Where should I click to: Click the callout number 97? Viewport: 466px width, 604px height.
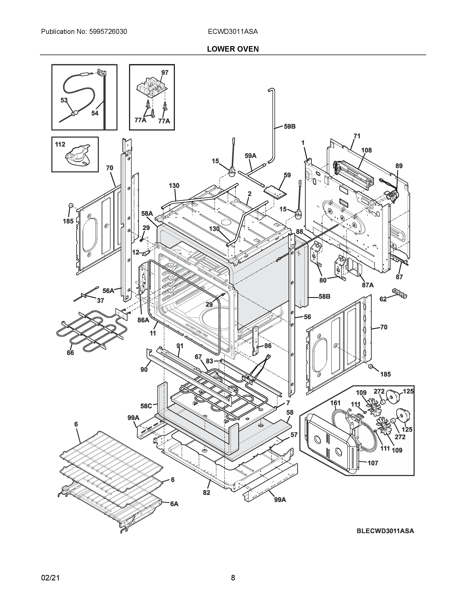pos(165,73)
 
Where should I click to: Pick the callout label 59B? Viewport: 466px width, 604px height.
pos(290,127)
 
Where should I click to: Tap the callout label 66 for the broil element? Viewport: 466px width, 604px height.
pos(70,353)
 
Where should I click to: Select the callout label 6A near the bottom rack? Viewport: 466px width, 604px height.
pos(174,504)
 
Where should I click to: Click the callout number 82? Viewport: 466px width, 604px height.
pos(207,493)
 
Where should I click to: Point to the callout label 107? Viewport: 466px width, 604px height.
pos(373,463)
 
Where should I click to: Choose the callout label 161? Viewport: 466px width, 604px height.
pos(335,403)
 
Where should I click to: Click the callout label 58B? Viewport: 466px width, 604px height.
pos(324,297)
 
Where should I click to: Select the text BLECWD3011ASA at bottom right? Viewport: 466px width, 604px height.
pos(385,531)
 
